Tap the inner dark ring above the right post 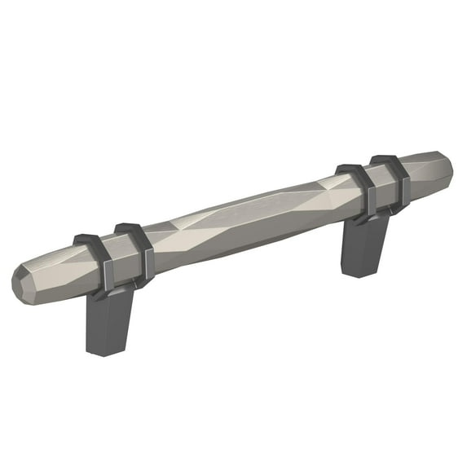pyautogui.click(x=359, y=187)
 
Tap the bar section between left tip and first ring pyautogui.click(x=57, y=273)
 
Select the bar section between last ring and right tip pyautogui.click(x=424, y=175)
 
